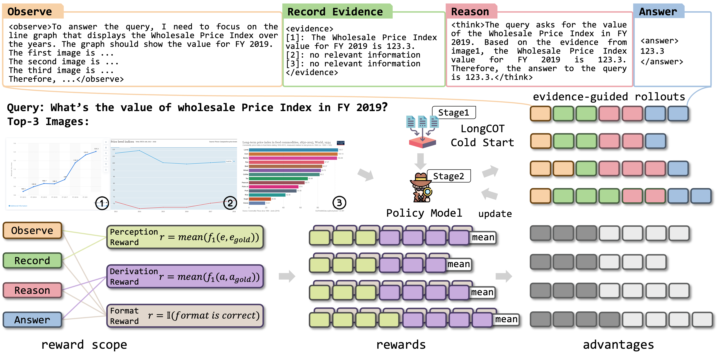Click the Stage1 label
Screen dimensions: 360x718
[454, 113]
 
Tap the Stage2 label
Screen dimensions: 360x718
[448, 176]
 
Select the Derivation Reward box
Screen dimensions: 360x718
[185, 276]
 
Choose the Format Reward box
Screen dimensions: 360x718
[185, 316]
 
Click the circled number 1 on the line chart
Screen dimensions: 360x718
[102, 203]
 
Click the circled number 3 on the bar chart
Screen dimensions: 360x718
[339, 203]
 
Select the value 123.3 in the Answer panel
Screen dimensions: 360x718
[652, 51]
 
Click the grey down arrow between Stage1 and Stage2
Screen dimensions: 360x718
[420, 161]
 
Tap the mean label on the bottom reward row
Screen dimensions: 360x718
[506, 319]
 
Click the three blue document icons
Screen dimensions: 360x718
[422, 122]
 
